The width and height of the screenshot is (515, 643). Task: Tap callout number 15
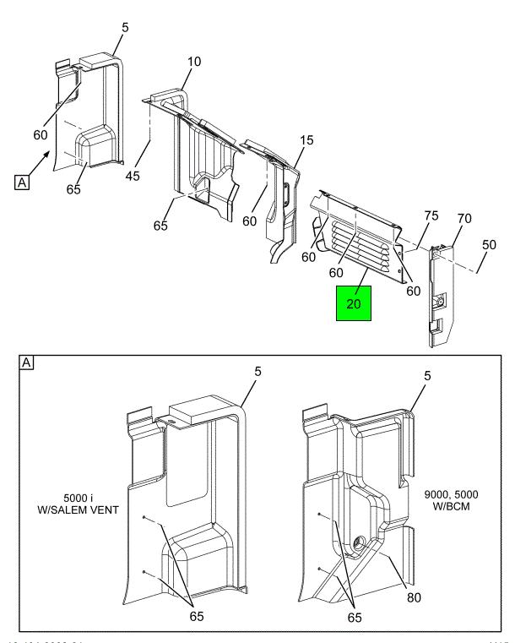coord(306,139)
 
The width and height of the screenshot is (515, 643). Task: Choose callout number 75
coord(431,216)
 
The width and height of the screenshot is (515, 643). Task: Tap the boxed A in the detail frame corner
coord(27,362)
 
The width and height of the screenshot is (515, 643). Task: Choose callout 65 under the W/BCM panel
coord(354,617)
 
